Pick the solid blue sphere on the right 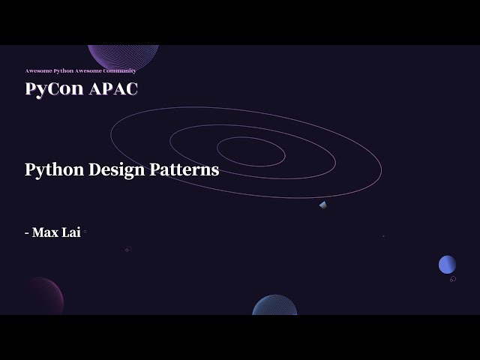(x=447, y=264)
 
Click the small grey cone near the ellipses (x=322, y=205)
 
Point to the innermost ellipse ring (x=250, y=151)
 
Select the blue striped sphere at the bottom (x=274, y=306)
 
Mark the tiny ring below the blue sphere (x=453, y=279)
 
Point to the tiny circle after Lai (x=85, y=232)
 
